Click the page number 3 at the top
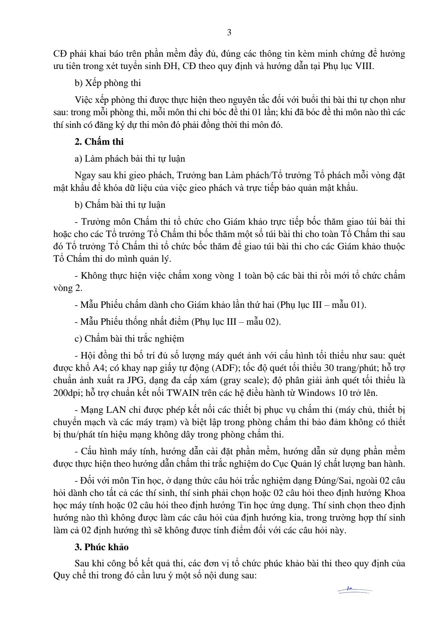click(229, 33)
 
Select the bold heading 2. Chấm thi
click(99, 142)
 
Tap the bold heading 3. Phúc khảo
click(101, 547)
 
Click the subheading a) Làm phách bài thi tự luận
click(130, 159)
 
